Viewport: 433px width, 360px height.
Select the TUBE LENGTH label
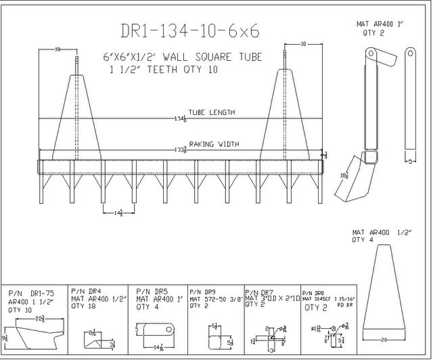(x=211, y=112)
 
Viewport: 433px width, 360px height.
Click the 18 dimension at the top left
(x=58, y=49)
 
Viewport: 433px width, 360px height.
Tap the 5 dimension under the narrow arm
(x=411, y=161)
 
